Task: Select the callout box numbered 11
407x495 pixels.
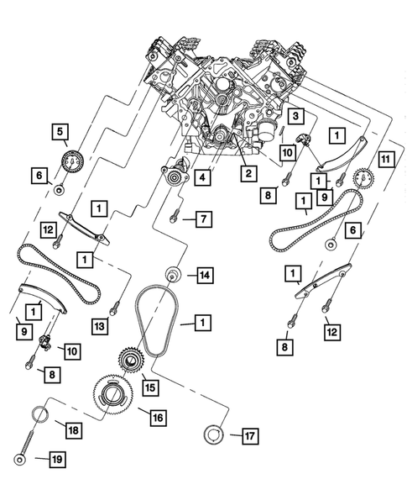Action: click(385, 159)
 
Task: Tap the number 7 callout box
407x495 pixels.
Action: click(202, 219)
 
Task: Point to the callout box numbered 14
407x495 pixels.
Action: click(202, 274)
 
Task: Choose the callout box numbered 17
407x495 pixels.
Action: click(248, 434)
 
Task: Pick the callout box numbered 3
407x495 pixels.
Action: click(295, 115)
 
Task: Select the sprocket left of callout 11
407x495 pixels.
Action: click(363, 179)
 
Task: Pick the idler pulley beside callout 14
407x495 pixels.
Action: click(173, 275)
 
